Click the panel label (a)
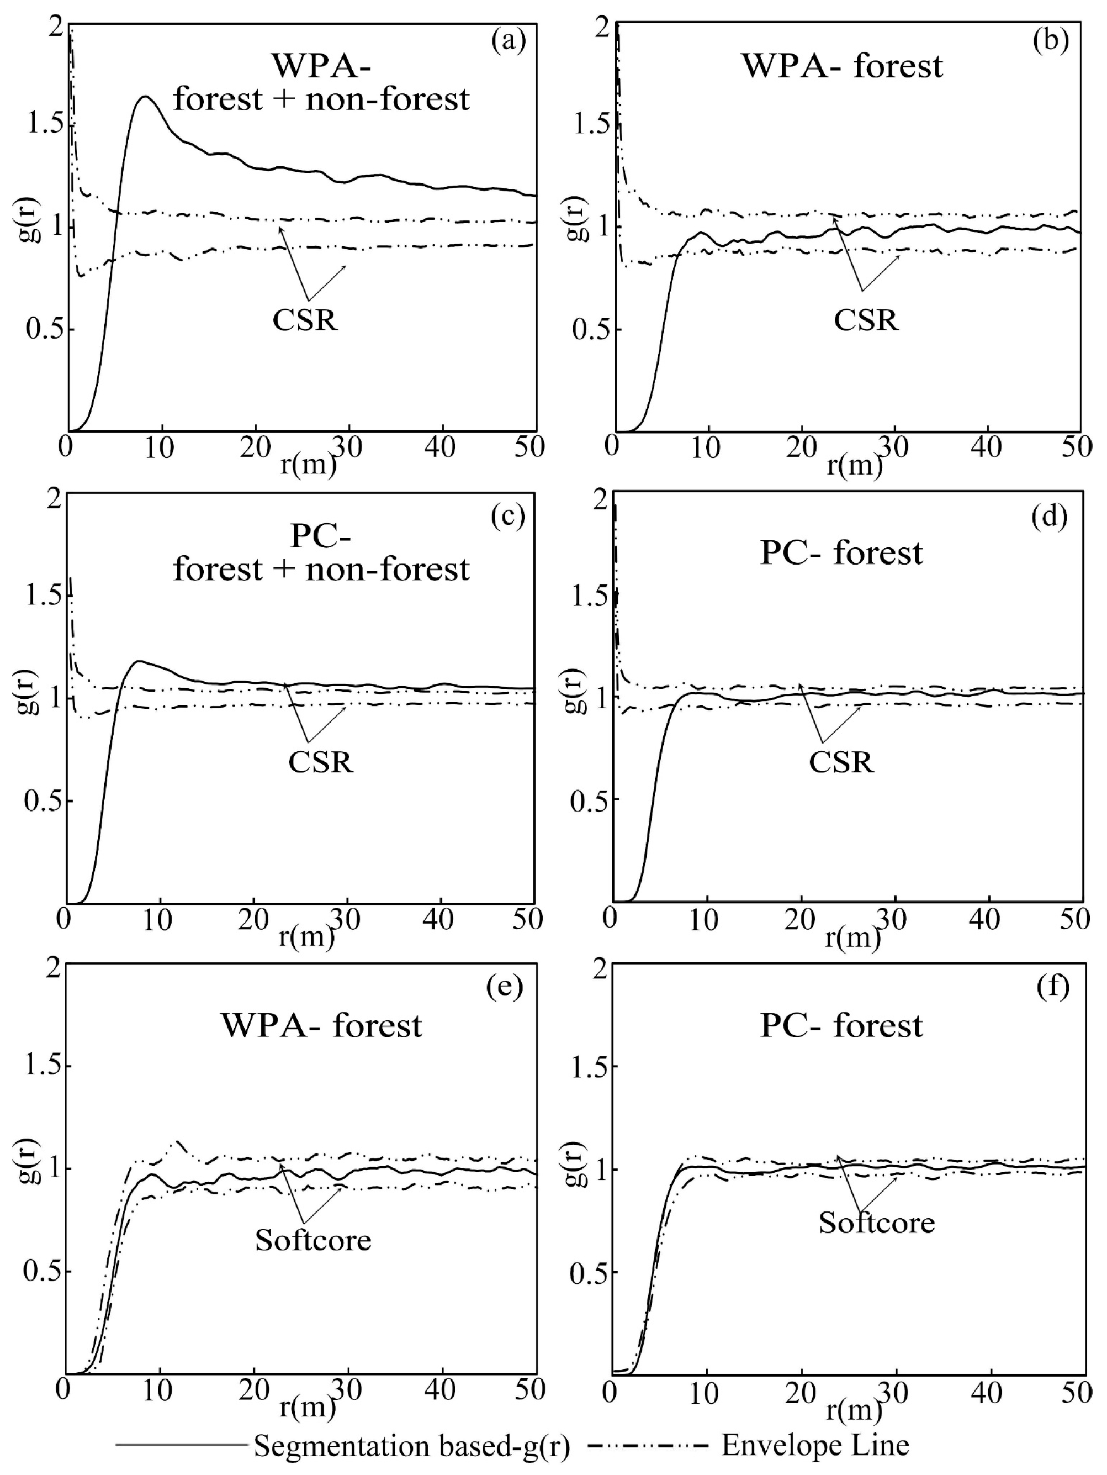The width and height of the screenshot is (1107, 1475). (x=509, y=41)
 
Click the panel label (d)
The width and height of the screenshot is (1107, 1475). (x=1050, y=516)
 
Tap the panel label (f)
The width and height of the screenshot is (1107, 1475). (x=1053, y=986)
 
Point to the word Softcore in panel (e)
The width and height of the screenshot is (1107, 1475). (x=313, y=1240)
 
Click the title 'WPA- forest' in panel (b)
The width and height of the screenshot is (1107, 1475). (x=843, y=66)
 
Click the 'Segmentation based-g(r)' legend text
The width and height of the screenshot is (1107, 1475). (x=412, y=1446)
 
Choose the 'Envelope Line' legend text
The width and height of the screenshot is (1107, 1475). (x=815, y=1445)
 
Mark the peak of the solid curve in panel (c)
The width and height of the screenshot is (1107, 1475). (x=139, y=661)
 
